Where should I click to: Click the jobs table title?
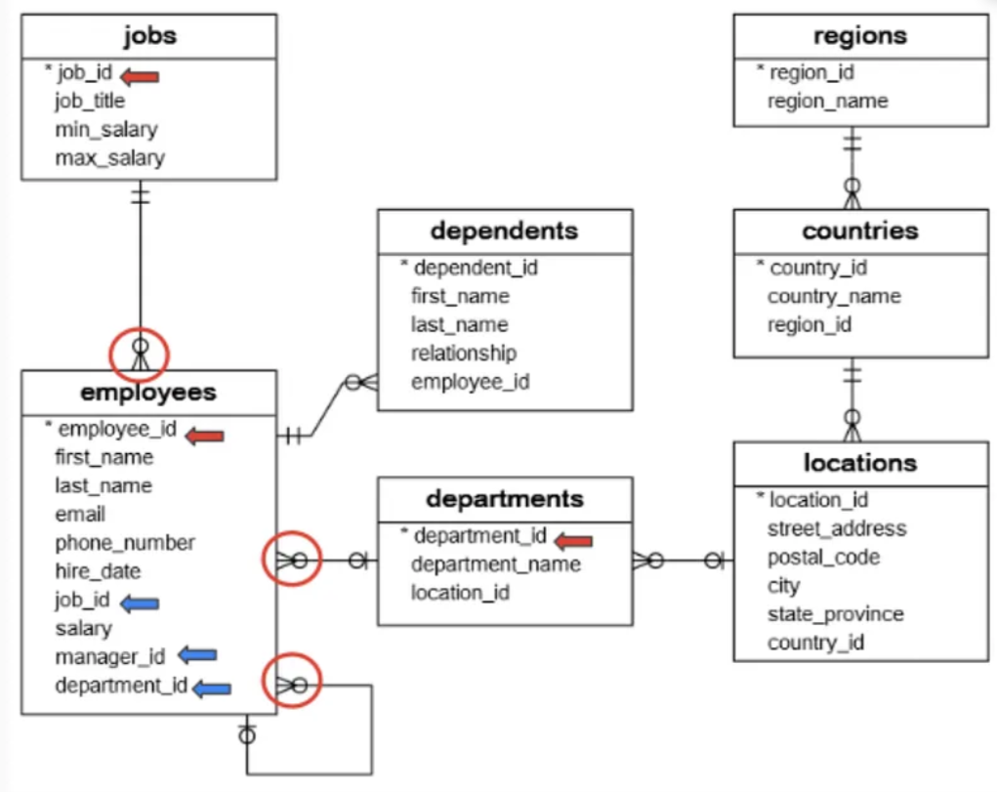click(149, 36)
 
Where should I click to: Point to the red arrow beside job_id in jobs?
click(139, 75)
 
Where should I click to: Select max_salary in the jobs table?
click(109, 158)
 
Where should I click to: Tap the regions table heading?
click(859, 36)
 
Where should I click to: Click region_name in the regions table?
click(827, 102)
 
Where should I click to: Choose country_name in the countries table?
click(833, 297)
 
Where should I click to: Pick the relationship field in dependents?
click(464, 354)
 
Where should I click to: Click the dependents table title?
click(504, 231)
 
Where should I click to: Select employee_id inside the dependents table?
click(470, 382)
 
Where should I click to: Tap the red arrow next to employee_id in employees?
click(205, 436)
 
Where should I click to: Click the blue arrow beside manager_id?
click(197, 655)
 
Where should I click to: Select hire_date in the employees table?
click(98, 571)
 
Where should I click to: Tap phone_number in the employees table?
click(125, 543)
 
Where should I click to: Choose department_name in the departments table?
click(495, 564)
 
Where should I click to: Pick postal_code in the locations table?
click(823, 558)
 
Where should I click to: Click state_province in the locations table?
click(835, 614)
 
